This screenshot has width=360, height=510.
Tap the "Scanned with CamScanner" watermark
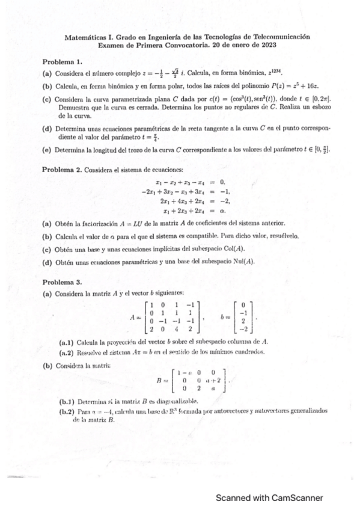[x=269, y=498]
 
